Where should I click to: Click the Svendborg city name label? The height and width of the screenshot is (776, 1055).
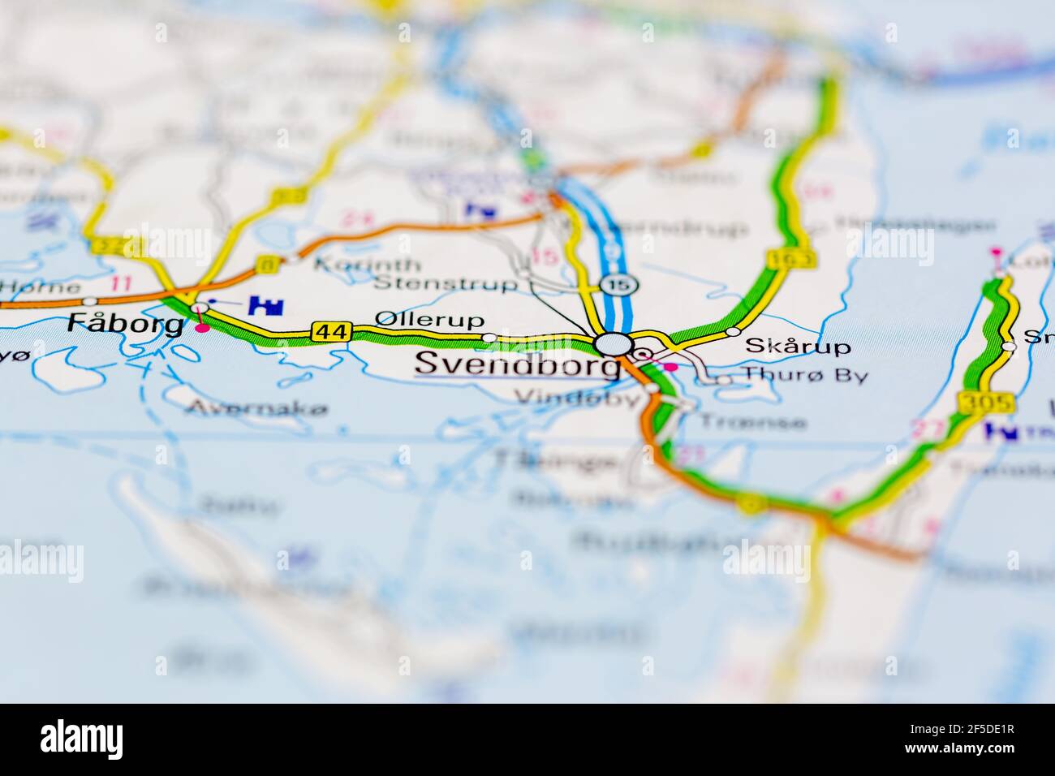(516, 364)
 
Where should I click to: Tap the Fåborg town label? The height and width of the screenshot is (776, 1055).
(125, 325)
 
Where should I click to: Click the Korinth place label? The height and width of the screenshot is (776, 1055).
(367, 265)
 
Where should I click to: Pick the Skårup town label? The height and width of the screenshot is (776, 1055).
(798, 347)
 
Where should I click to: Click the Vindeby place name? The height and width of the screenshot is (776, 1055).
(578, 399)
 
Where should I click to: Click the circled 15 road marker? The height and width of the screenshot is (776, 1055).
(619, 285)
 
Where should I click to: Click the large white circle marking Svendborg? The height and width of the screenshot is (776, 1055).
(613, 344)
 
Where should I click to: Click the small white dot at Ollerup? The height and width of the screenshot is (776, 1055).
(489, 337)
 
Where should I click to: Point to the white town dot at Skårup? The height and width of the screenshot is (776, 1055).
(733, 331)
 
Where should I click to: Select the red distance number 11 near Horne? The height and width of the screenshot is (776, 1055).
(122, 284)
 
